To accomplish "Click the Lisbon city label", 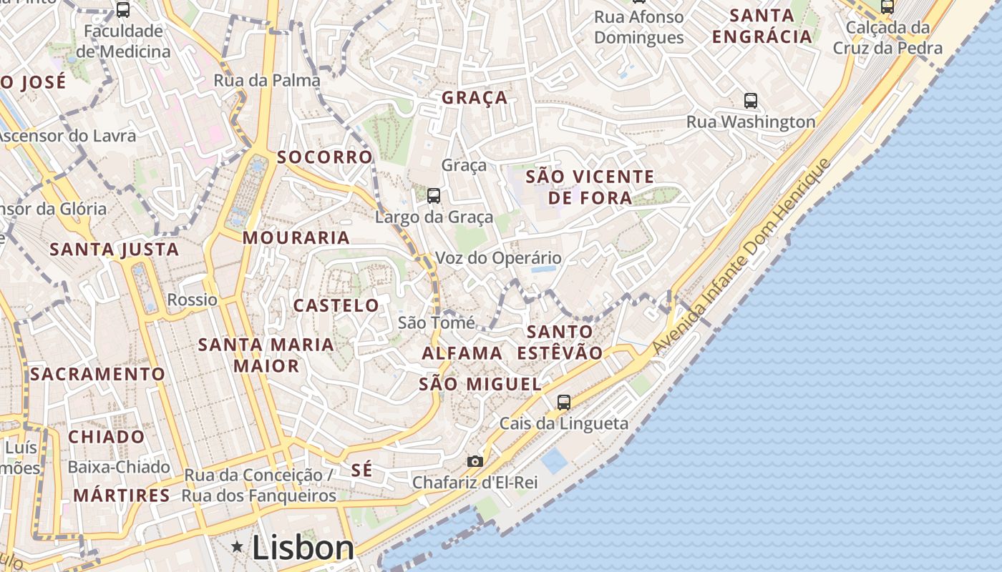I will point(303,548).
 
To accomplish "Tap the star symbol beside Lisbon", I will point(238,547).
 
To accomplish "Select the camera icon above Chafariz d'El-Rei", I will point(475,462).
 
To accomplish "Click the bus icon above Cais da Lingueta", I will point(564,403).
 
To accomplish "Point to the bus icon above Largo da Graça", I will point(433,195).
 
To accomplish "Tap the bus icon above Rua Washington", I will point(751,101).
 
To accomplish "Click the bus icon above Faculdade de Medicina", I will point(123,10).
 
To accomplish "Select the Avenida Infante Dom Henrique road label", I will point(742,256).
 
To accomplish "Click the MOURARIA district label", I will point(296,238).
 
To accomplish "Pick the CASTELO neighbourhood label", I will point(336,306).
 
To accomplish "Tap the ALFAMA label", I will point(462,353).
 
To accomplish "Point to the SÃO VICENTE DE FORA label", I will point(590,187).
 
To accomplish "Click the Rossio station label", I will point(192,300).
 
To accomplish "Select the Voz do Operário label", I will point(498,258).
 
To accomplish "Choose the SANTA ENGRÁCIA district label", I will point(763,26).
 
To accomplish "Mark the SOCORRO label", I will point(325,157).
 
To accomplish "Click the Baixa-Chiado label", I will point(119,468).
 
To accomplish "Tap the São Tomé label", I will point(436,322).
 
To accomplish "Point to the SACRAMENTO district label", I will point(97,374).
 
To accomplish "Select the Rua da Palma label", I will point(267,81).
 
